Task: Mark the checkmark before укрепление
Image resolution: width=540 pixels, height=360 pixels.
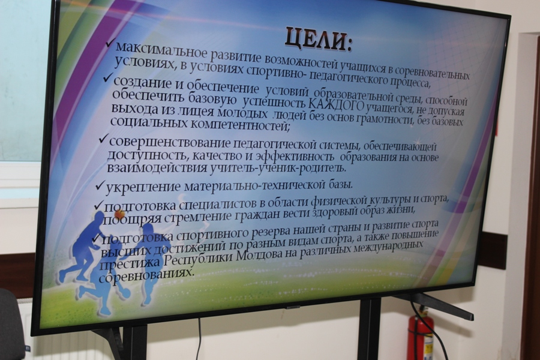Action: pyautogui.click(x=100, y=186)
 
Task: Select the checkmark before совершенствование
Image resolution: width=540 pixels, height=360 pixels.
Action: pyautogui.click(x=103, y=140)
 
